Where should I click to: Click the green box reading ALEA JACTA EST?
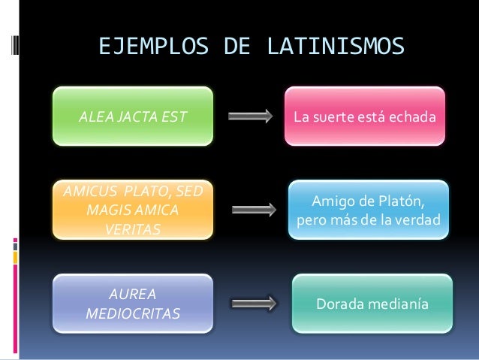tap(132, 116)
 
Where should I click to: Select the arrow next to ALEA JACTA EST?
tap(249, 117)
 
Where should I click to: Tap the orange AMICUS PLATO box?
tap(132, 210)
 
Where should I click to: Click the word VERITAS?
tap(132, 226)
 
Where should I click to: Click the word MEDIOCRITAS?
tap(134, 312)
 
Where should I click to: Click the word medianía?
tap(399, 305)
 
